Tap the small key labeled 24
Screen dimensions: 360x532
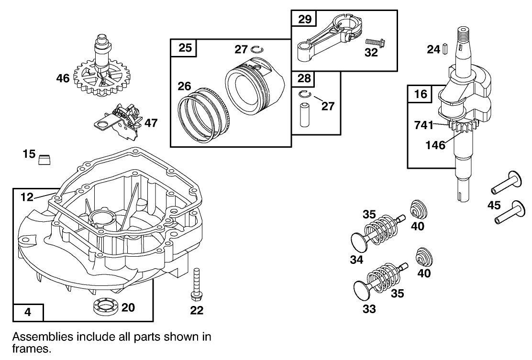[x=444, y=48]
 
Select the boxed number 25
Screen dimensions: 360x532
[x=185, y=48]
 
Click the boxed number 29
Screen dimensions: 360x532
[x=305, y=19]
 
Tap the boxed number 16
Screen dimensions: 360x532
[x=420, y=94]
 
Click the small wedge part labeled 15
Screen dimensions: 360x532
[x=44, y=159]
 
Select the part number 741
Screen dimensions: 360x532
[x=423, y=125]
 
